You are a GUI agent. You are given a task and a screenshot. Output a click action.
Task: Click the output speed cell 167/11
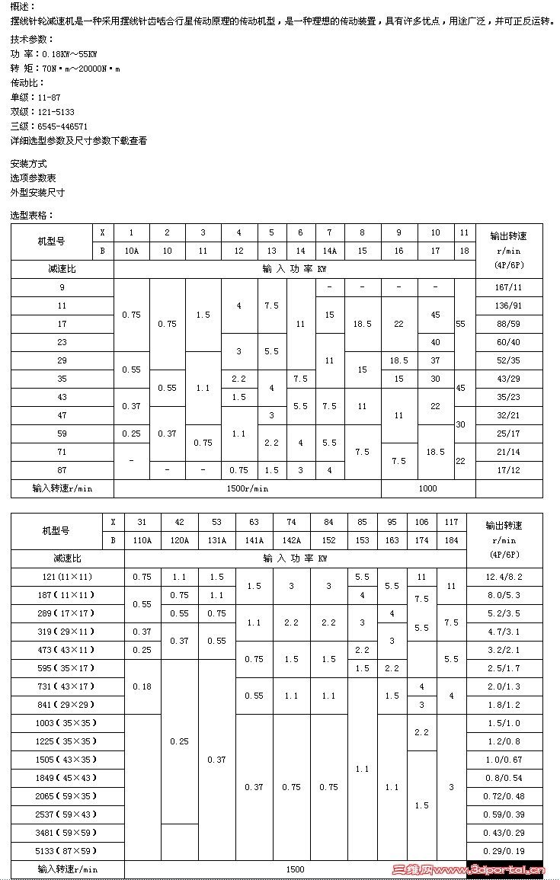(509, 287)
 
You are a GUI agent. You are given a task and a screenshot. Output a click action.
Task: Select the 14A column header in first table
(329, 251)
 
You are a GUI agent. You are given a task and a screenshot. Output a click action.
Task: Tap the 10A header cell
(131, 251)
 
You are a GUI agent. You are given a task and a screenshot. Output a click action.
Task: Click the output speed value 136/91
(509, 306)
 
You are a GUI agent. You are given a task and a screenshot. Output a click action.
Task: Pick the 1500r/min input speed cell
(248, 488)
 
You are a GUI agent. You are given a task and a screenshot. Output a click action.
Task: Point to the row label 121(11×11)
(67, 577)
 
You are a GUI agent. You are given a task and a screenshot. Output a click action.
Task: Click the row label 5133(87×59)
(67, 851)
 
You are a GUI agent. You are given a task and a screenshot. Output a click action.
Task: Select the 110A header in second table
(142, 540)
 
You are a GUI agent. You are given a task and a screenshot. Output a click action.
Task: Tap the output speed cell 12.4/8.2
(504, 577)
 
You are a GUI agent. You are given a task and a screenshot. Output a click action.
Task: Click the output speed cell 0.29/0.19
(504, 851)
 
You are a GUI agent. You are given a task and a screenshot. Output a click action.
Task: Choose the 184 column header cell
(451, 540)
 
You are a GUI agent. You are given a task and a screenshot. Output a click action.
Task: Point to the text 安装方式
(28, 163)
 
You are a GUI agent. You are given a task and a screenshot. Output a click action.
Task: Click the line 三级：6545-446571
(49, 126)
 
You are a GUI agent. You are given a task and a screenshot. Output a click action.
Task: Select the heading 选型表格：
(32, 215)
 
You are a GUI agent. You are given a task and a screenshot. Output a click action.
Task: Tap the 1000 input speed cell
(428, 488)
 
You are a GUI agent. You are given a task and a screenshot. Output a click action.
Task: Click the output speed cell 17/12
(509, 470)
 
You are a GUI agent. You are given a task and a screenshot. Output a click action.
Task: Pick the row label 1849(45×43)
(67, 778)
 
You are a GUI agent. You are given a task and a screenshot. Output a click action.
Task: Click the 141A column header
(254, 540)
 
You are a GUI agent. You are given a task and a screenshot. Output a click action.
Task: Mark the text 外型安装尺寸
(37, 192)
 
